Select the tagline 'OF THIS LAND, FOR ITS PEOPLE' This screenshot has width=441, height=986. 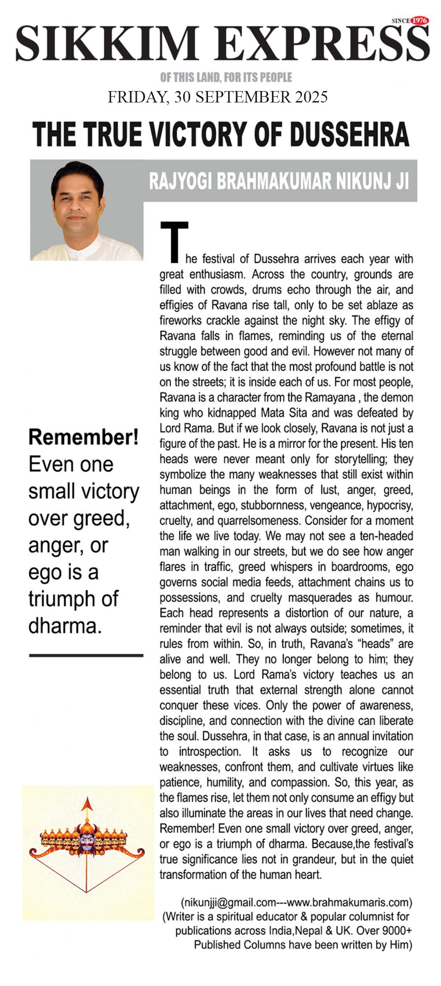(x=226, y=78)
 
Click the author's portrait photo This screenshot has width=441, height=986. (x=87, y=211)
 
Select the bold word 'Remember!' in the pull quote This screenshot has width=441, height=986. (x=84, y=437)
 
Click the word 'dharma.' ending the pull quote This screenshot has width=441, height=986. (x=65, y=625)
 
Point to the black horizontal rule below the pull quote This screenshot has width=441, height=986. (x=86, y=655)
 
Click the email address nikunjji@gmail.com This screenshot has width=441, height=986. (x=228, y=903)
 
